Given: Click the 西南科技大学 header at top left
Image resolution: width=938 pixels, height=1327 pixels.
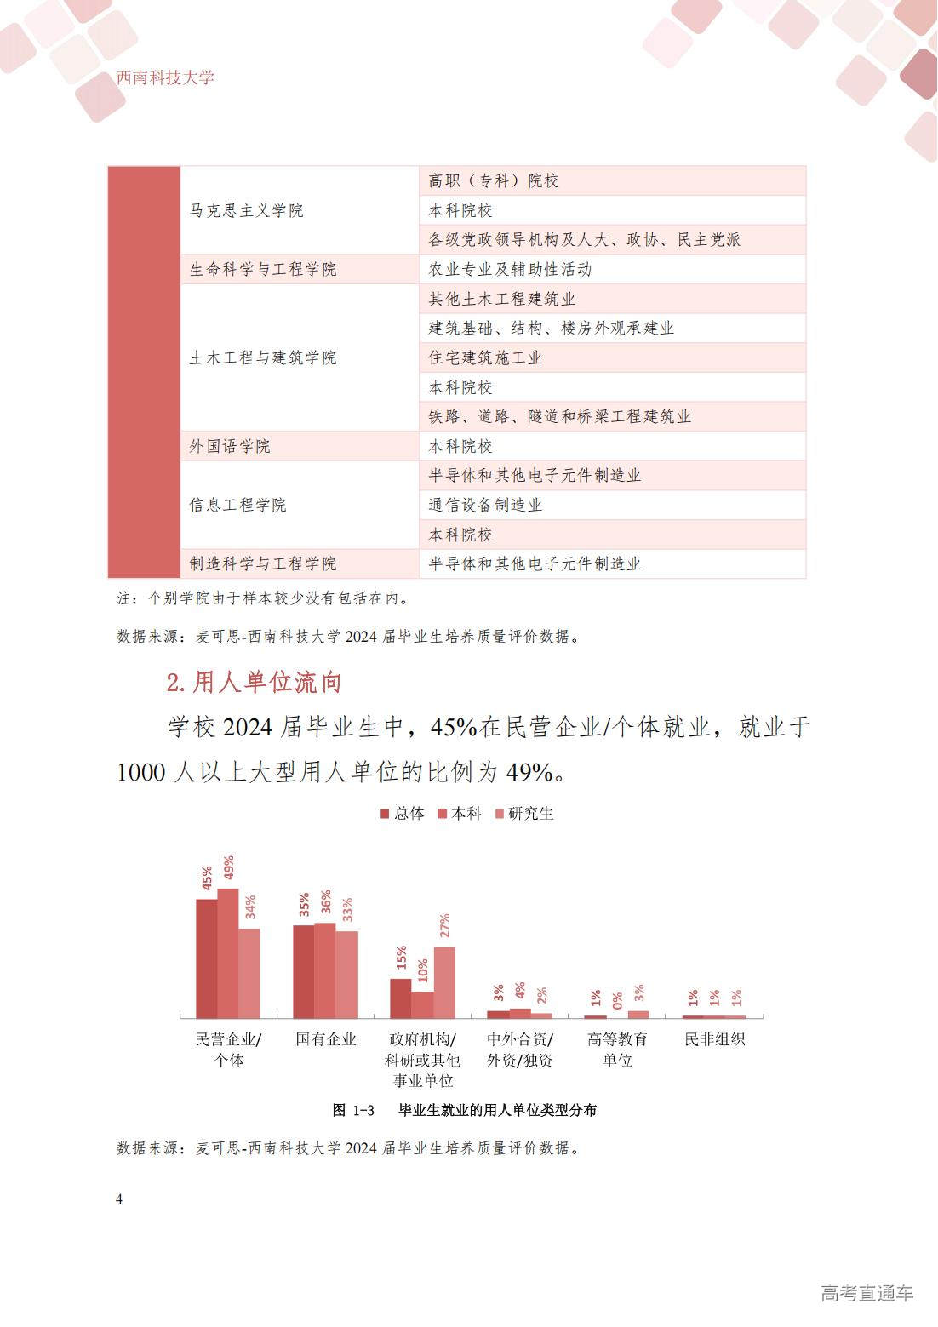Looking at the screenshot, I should coord(165,77).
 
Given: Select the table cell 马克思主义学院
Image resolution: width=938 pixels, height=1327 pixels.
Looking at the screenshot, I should coord(246,210).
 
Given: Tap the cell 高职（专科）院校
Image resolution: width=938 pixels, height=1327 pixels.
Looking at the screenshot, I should coord(494,180).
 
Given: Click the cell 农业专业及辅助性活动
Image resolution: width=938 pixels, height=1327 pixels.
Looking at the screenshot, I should coord(510,269).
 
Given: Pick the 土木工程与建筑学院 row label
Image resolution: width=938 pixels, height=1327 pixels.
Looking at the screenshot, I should coord(262,357).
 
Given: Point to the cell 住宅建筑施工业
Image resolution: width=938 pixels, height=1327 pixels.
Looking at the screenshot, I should coord(485,357).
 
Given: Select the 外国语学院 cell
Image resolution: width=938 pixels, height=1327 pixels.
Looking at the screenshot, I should coord(229,446).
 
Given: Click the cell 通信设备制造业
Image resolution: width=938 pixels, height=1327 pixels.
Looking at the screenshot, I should coord(485,505).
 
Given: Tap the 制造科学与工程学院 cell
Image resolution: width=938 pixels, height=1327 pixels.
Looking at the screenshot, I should coord(262,563).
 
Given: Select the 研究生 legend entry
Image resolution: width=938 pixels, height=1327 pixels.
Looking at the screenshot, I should coord(524,814).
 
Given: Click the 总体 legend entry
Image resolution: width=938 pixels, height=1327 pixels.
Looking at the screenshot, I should coord(403,814).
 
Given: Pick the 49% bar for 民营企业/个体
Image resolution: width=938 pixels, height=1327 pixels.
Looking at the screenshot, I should coord(227,953).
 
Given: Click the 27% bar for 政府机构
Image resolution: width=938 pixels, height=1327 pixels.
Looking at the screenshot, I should coord(444,982).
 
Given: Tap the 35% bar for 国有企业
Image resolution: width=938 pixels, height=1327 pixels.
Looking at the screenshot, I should coord(304,971).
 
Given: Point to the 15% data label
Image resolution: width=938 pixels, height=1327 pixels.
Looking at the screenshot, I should coord(402,958).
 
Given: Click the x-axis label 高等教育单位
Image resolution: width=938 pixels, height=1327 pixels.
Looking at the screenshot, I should coord(617,1050).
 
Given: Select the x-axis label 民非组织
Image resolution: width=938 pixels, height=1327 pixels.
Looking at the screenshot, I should coord(715,1039).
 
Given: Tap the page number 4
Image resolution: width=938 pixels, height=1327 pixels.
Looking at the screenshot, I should coord(119,1198).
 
